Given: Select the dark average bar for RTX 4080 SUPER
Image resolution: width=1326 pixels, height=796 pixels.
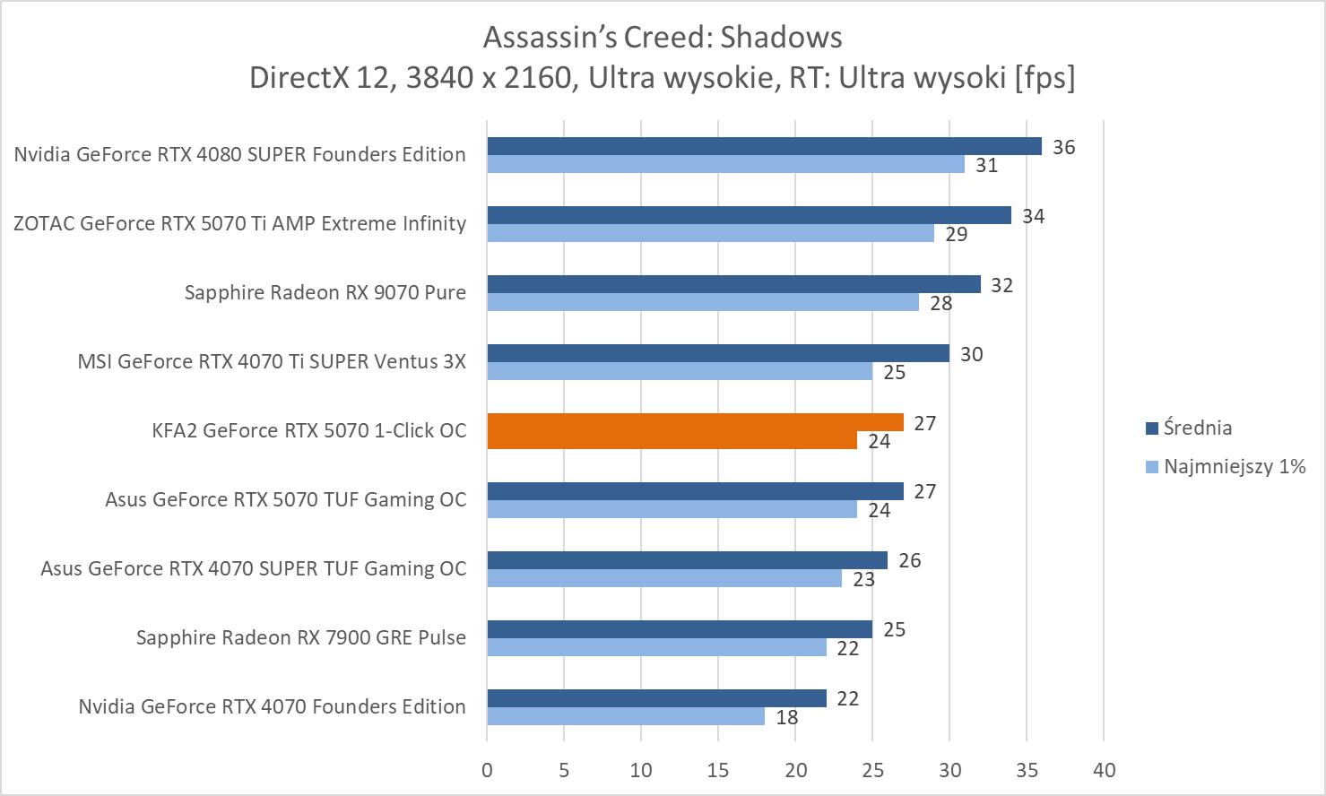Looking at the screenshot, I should (764, 146).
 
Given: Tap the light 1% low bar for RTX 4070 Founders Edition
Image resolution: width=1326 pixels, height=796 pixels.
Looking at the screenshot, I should (625, 716).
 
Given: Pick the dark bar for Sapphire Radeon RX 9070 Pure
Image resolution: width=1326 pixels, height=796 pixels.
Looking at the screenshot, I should (733, 284).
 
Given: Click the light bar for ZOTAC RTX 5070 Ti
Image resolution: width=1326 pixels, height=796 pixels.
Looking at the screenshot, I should (710, 233).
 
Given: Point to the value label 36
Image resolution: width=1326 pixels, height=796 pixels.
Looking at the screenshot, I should (1063, 147).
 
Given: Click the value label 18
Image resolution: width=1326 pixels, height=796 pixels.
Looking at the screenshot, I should (786, 717).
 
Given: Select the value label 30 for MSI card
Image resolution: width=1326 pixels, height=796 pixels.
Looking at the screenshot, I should (971, 354).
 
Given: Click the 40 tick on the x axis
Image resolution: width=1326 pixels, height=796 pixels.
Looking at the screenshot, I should (1105, 770).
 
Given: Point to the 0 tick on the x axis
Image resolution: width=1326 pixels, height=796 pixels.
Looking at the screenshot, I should (487, 770).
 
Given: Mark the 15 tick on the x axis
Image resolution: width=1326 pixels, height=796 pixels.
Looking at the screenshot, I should (718, 770).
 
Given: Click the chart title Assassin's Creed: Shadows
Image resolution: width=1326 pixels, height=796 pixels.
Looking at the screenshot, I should (663, 37).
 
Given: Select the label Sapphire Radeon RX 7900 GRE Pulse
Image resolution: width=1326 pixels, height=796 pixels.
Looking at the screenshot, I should (301, 637).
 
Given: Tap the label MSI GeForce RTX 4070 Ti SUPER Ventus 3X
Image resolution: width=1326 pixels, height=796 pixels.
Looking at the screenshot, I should (272, 361).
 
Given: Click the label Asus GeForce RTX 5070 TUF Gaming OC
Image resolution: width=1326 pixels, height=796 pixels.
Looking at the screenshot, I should (285, 499).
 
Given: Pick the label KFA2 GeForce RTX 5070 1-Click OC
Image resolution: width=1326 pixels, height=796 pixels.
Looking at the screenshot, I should (309, 430).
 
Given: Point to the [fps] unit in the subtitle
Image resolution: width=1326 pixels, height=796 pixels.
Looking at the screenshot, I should (1044, 78).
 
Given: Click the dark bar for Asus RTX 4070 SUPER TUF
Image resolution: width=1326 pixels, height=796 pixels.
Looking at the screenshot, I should (687, 560).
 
